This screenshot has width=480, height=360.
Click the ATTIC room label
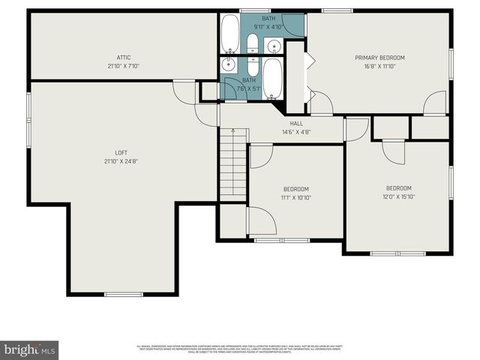click(x=124, y=57)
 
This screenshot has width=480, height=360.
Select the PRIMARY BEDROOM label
click(x=379, y=58)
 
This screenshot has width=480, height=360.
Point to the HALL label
click(x=296, y=124)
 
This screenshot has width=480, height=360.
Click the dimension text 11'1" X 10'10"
click(x=295, y=197)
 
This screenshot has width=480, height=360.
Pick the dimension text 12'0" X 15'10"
click(x=398, y=196)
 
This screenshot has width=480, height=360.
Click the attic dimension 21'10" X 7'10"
click(x=124, y=66)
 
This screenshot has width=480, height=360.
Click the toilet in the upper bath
click(x=253, y=43)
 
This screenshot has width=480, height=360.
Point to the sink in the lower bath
click(x=228, y=65)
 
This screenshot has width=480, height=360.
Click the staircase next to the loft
click(x=233, y=163)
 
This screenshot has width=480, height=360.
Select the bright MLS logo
click(x=29, y=349)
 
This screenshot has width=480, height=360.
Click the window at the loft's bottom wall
click(x=123, y=294)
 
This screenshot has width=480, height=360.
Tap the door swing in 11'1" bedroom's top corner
click(x=259, y=155)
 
